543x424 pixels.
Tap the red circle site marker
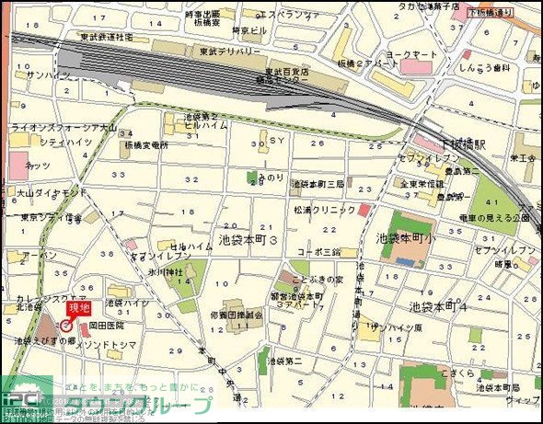(66, 327)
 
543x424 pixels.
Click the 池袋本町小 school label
(406, 237)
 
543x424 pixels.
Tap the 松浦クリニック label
(325, 210)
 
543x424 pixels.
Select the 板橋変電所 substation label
(145, 145)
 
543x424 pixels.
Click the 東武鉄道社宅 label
(106, 37)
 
